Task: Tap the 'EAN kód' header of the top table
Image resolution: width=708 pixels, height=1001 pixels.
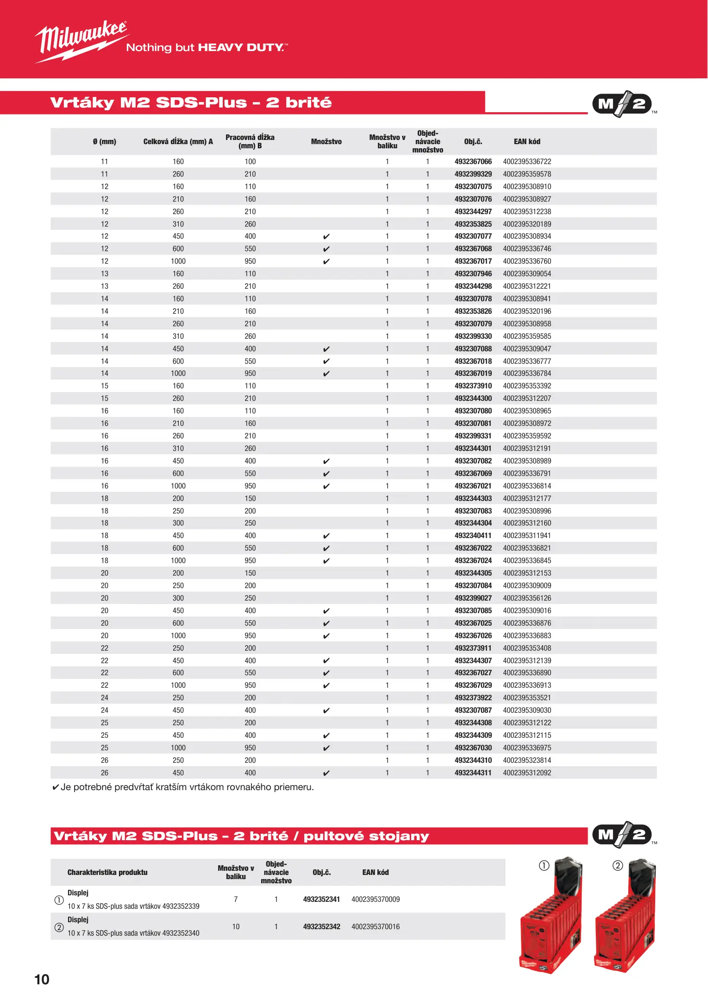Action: [526, 142]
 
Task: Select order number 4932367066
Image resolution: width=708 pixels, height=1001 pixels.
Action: [473, 162]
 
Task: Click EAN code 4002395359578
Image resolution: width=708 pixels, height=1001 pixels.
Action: [526, 174]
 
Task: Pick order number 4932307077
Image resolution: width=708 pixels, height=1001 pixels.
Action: [473, 236]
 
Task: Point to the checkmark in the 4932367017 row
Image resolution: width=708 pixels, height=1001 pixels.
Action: [326, 262]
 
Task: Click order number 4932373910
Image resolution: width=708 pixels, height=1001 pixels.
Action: [473, 386]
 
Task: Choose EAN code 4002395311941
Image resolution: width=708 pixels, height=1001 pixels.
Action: [526, 536]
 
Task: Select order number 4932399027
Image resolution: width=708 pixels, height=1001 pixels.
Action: [473, 598]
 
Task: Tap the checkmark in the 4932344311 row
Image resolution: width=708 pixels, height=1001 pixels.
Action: [326, 773]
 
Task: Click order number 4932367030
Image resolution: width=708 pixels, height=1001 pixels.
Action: [473, 748]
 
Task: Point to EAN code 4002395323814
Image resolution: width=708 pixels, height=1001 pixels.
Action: [526, 760]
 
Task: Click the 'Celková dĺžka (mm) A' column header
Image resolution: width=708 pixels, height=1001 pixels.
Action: [178, 142]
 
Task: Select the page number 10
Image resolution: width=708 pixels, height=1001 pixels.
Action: [42, 979]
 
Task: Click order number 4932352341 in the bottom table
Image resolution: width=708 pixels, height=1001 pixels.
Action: [321, 900]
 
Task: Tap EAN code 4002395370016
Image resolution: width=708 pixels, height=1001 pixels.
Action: [375, 927]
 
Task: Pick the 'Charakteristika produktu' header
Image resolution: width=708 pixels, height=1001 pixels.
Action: [107, 873]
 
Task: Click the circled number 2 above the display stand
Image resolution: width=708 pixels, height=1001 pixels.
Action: [618, 866]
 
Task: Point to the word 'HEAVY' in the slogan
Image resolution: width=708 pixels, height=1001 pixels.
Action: [220, 48]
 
